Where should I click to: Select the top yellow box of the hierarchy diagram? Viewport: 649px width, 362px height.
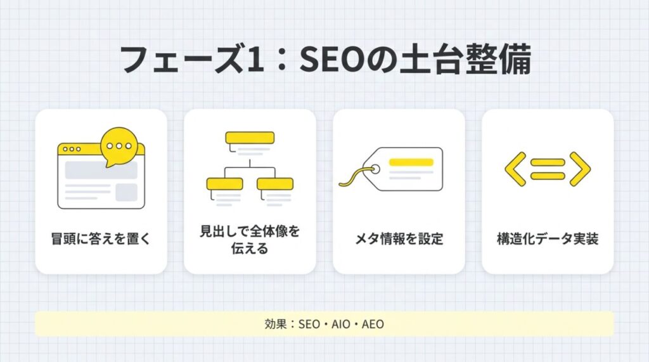coord(250,138)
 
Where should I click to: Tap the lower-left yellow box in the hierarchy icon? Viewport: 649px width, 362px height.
coord(224,184)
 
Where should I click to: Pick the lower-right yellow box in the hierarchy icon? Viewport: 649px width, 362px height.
coord(275,184)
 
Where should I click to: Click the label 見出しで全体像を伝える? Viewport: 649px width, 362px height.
coord(250,239)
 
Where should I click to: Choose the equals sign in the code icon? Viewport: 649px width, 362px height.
coord(548,169)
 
